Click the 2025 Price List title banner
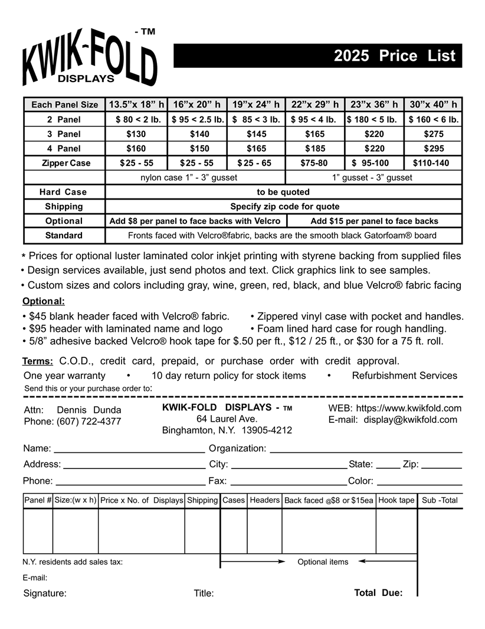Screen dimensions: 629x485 [317, 56]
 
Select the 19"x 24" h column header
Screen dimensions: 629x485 [256, 105]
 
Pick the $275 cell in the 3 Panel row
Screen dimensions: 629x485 [434, 134]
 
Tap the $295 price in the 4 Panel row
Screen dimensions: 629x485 [434, 148]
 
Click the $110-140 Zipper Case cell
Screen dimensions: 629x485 [434, 163]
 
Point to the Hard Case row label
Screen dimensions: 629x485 [64, 192]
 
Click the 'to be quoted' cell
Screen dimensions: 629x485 [283, 192]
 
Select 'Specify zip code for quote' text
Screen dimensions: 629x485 [283, 207]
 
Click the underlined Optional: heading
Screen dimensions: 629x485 [44, 301]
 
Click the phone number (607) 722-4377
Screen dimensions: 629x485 [89, 422]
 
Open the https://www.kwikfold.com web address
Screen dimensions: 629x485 [409, 408]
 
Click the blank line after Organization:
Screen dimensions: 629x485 [366, 451]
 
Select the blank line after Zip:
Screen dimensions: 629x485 [441, 466]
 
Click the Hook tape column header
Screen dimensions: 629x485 [396, 500]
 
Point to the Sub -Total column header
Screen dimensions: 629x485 [440, 500]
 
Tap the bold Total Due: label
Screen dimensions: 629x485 [378, 592]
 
